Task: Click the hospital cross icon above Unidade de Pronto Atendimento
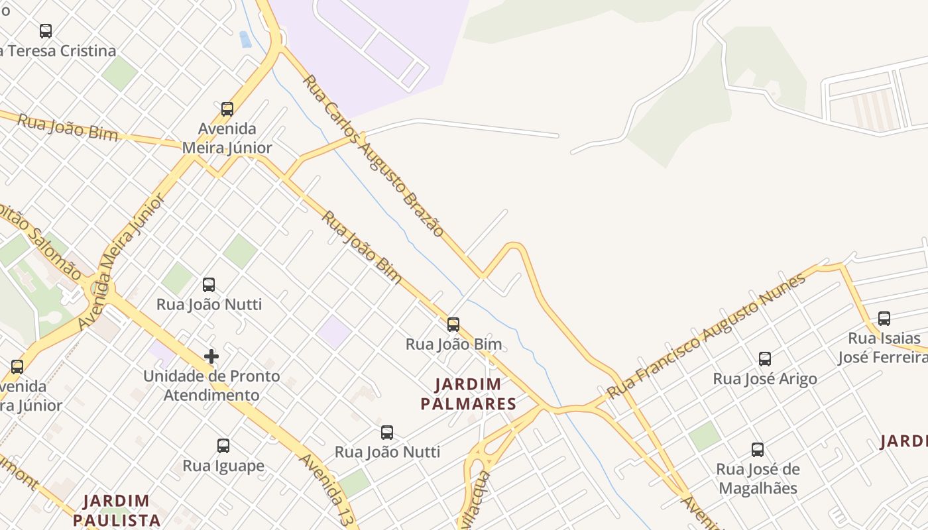(x=211, y=356)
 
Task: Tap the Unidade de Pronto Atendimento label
(x=212, y=386)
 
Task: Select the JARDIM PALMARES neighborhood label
(x=469, y=394)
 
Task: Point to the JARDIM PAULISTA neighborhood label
(x=117, y=509)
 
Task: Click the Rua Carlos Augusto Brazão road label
(x=373, y=155)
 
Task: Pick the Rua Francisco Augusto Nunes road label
(x=706, y=336)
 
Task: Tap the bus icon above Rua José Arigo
(x=765, y=359)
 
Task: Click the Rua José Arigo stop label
(x=765, y=379)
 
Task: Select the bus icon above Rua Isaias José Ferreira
(x=884, y=319)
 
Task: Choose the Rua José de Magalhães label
(x=758, y=479)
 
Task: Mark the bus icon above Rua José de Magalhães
(x=758, y=450)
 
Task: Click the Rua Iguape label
(x=223, y=466)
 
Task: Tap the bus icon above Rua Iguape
(x=223, y=446)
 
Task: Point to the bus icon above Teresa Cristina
(x=46, y=31)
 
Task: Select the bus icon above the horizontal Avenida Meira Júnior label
(x=227, y=109)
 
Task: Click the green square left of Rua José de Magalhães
(x=704, y=436)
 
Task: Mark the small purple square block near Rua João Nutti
(x=334, y=331)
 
